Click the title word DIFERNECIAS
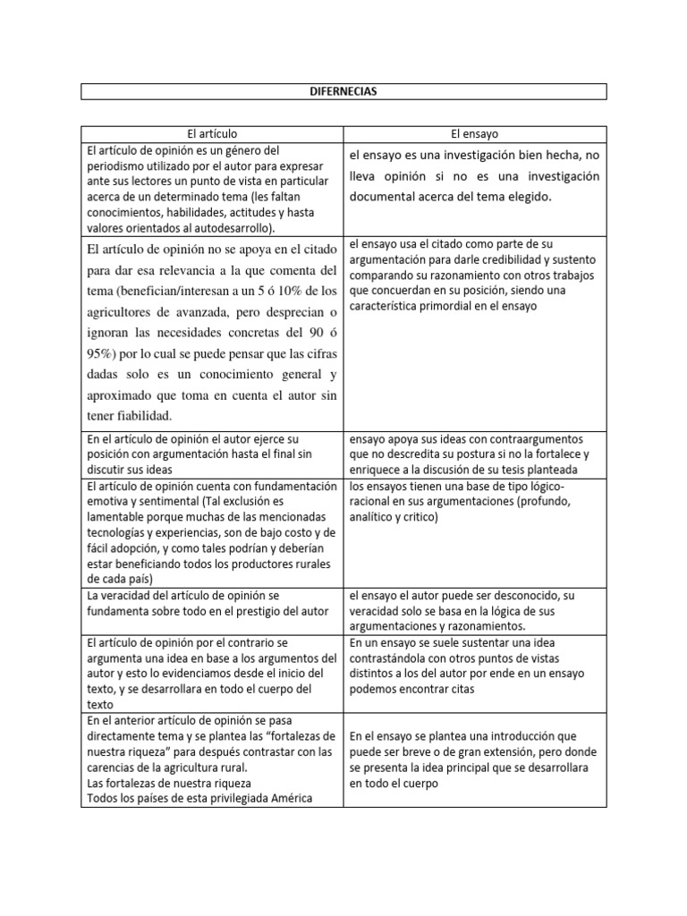343,91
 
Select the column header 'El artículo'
213,133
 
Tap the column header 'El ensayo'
475,133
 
